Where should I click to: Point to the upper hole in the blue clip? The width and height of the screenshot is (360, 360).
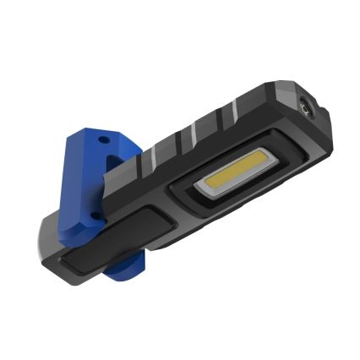tap(104, 135)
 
